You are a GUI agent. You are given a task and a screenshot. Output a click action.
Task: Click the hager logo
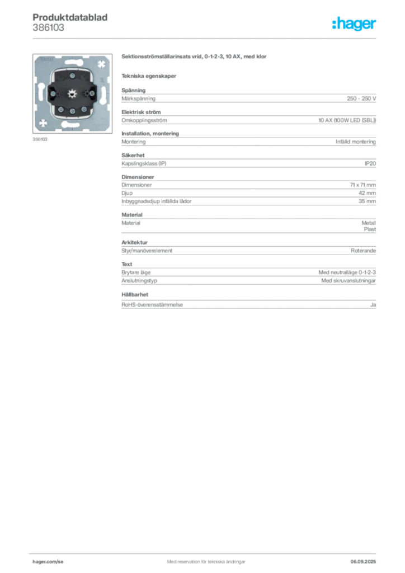(x=354, y=24)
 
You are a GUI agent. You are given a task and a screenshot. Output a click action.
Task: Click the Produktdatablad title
(x=70, y=17)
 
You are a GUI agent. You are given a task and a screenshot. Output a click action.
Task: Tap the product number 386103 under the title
(x=48, y=27)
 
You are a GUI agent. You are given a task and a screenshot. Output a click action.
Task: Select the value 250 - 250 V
(x=361, y=98)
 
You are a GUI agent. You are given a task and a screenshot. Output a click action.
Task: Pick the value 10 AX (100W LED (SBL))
(x=347, y=120)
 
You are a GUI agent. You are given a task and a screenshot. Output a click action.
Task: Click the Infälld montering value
(x=355, y=142)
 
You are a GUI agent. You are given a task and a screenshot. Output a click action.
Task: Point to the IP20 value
(x=370, y=163)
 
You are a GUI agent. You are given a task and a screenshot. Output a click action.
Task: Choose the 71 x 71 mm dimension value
(x=362, y=185)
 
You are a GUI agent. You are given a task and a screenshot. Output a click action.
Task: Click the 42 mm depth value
(x=367, y=193)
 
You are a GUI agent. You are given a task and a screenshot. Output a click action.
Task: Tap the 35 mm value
(x=367, y=201)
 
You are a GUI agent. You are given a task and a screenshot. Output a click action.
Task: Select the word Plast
(x=370, y=229)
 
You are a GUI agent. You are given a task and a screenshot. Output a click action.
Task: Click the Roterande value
(x=363, y=251)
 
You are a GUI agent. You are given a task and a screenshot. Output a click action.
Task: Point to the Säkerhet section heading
(x=133, y=155)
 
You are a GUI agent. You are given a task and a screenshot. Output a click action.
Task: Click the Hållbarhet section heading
(x=135, y=294)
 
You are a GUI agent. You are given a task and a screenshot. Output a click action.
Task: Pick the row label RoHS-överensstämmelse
(x=152, y=304)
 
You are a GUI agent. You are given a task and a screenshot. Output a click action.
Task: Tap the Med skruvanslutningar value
(x=349, y=281)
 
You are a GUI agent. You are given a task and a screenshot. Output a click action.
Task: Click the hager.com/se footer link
(x=48, y=562)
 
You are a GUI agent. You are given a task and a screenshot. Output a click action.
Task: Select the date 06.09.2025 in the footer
(x=363, y=562)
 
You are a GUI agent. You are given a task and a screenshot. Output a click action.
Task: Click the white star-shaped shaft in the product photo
(x=72, y=93)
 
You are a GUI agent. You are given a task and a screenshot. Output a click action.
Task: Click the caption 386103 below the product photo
(x=40, y=139)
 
